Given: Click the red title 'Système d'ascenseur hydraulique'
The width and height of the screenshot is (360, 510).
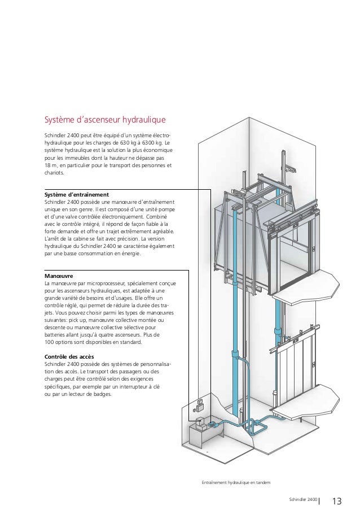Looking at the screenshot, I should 104,120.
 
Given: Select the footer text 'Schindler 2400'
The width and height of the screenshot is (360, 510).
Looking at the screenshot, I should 302,500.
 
